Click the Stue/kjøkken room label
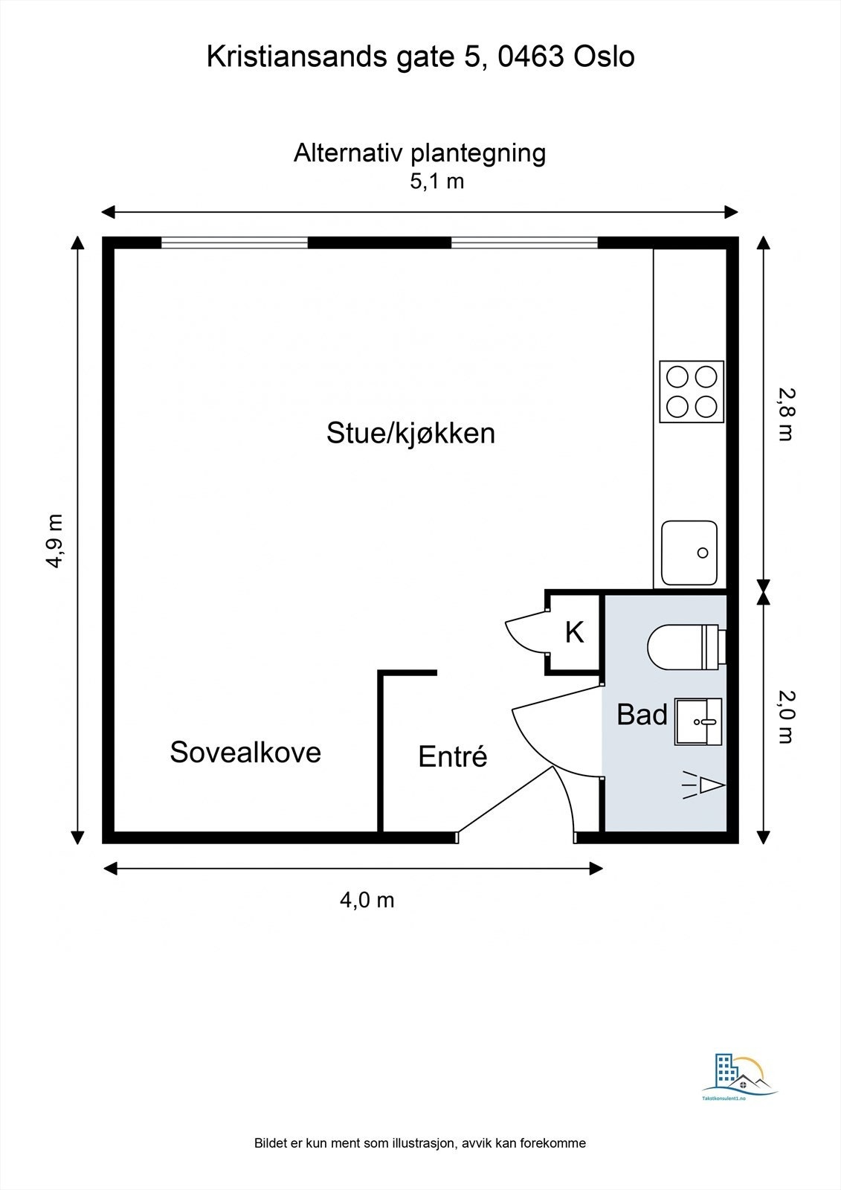410,433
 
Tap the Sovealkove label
245,752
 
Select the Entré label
452,756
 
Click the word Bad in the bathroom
642,715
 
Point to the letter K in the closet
574,632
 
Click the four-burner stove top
692,392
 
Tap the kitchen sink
689,553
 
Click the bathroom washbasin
697,721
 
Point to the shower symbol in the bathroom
703,785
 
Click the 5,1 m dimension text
436,181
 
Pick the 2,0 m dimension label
785,715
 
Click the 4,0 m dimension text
367,900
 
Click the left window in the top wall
234,242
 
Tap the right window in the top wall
524,242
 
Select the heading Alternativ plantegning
419,152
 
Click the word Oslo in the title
604,57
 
